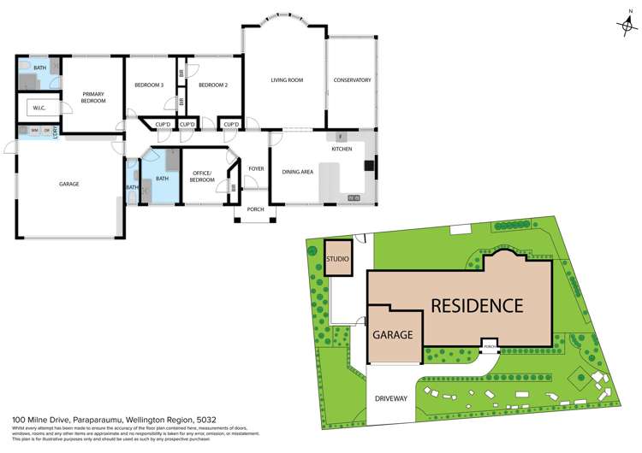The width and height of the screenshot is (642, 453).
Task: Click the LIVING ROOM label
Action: point(287,80)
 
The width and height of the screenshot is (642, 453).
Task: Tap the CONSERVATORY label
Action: point(352,80)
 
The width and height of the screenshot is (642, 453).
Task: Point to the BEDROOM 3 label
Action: point(149,85)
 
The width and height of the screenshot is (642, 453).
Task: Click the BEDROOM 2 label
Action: point(213,85)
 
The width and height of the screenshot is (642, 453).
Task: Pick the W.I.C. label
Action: point(39,108)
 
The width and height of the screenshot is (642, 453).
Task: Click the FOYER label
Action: point(256,168)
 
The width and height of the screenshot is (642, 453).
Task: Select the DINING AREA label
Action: point(297,172)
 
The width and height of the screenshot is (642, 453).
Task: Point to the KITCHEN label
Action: point(342,149)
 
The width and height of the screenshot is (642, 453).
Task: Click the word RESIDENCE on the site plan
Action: point(476,305)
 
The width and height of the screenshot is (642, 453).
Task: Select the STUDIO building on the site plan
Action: point(338,259)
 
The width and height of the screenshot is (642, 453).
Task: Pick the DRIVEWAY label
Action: point(390,399)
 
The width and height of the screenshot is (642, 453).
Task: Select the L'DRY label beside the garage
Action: point(56,131)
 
